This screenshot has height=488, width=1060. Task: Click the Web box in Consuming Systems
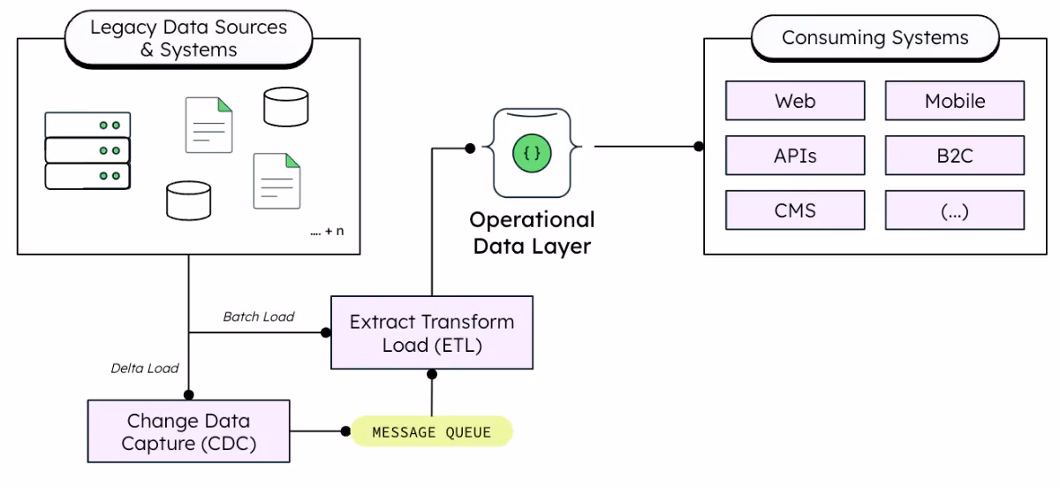[x=795, y=101]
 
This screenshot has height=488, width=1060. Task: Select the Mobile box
[x=955, y=101]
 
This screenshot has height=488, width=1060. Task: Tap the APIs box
[x=795, y=156]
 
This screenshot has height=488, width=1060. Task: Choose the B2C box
[x=955, y=156]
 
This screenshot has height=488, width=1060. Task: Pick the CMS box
[x=795, y=210]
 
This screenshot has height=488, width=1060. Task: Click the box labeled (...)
[x=955, y=210]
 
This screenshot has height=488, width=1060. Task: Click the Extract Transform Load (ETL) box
[x=431, y=332]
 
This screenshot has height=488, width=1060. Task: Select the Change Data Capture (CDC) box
[x=188, y=431]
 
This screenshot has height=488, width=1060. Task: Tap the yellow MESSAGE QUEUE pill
[x=431, y=431]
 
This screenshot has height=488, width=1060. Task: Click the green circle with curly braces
[x=532, y=153]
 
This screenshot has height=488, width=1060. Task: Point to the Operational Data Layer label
[x=532, y=233]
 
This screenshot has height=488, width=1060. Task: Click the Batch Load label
[x=258, y=316]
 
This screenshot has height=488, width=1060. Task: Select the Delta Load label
[x=144, y=368]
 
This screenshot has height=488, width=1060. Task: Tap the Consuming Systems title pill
[x=874, y=38]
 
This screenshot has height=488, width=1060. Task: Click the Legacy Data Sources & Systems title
[x=188, y=38]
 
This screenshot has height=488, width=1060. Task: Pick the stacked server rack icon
[x=87, y=151]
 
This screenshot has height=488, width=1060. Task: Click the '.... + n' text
[x=327, y=232]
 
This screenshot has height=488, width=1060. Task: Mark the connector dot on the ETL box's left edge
[x=326, y=332]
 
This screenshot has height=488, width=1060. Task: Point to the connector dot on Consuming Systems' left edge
[x=699, y=146]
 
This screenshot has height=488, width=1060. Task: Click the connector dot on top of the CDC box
[x=188, y=395]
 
